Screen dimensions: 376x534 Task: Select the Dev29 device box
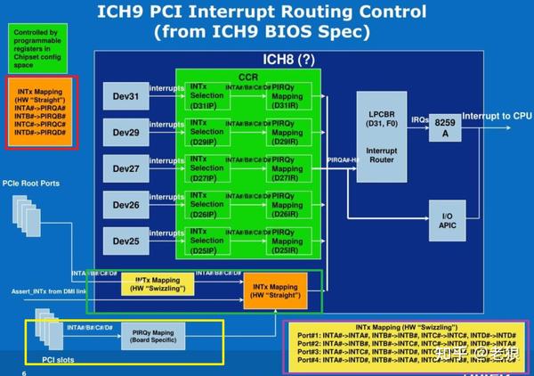124,131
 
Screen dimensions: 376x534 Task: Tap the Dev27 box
124,168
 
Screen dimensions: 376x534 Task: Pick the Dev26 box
124,204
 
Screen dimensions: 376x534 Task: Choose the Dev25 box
124,240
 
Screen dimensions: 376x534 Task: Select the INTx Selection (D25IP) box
208,240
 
